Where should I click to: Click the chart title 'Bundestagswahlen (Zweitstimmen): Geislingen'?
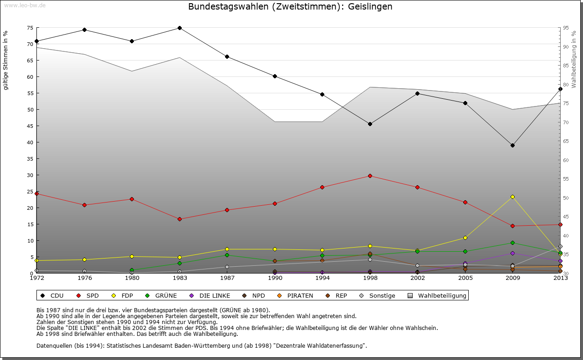tap(290, 7)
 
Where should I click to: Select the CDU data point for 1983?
tap(179, 28)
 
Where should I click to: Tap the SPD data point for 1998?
tap(370, 176)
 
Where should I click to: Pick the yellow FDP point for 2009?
tap(512, 197)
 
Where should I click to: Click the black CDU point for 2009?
tap(512, 145)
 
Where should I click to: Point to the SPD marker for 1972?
tap(37, 193)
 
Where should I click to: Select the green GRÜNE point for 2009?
tap(512, 243)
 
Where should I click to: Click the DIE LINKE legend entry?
tap(209, 295)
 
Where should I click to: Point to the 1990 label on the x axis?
tap(275, 278)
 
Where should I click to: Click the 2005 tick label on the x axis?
tap(465, 278)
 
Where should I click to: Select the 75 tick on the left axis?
tap(30, 28)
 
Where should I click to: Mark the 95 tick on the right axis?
tap(565, 28)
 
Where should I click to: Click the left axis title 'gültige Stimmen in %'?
tap(6, 60)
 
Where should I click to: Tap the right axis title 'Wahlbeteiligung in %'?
tap(573, 60)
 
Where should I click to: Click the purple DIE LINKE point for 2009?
tap(512, 253)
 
